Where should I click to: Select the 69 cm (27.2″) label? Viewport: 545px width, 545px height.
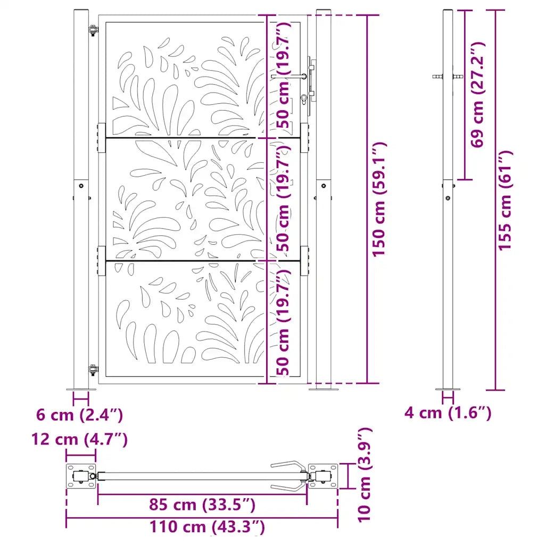coord(477,94)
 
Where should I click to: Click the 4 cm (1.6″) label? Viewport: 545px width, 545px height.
coord(447,412)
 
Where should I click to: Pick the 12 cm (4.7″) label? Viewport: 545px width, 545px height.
coord(79,440)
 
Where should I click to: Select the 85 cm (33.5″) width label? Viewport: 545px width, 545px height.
coord(202,504)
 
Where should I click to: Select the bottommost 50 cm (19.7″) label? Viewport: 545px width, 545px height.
coord(285,323)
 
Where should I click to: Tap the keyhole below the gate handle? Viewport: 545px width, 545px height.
coord(303,98)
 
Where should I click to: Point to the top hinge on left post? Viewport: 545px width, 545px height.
coord(94,31)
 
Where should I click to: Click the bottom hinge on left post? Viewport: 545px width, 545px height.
coord(94,369)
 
